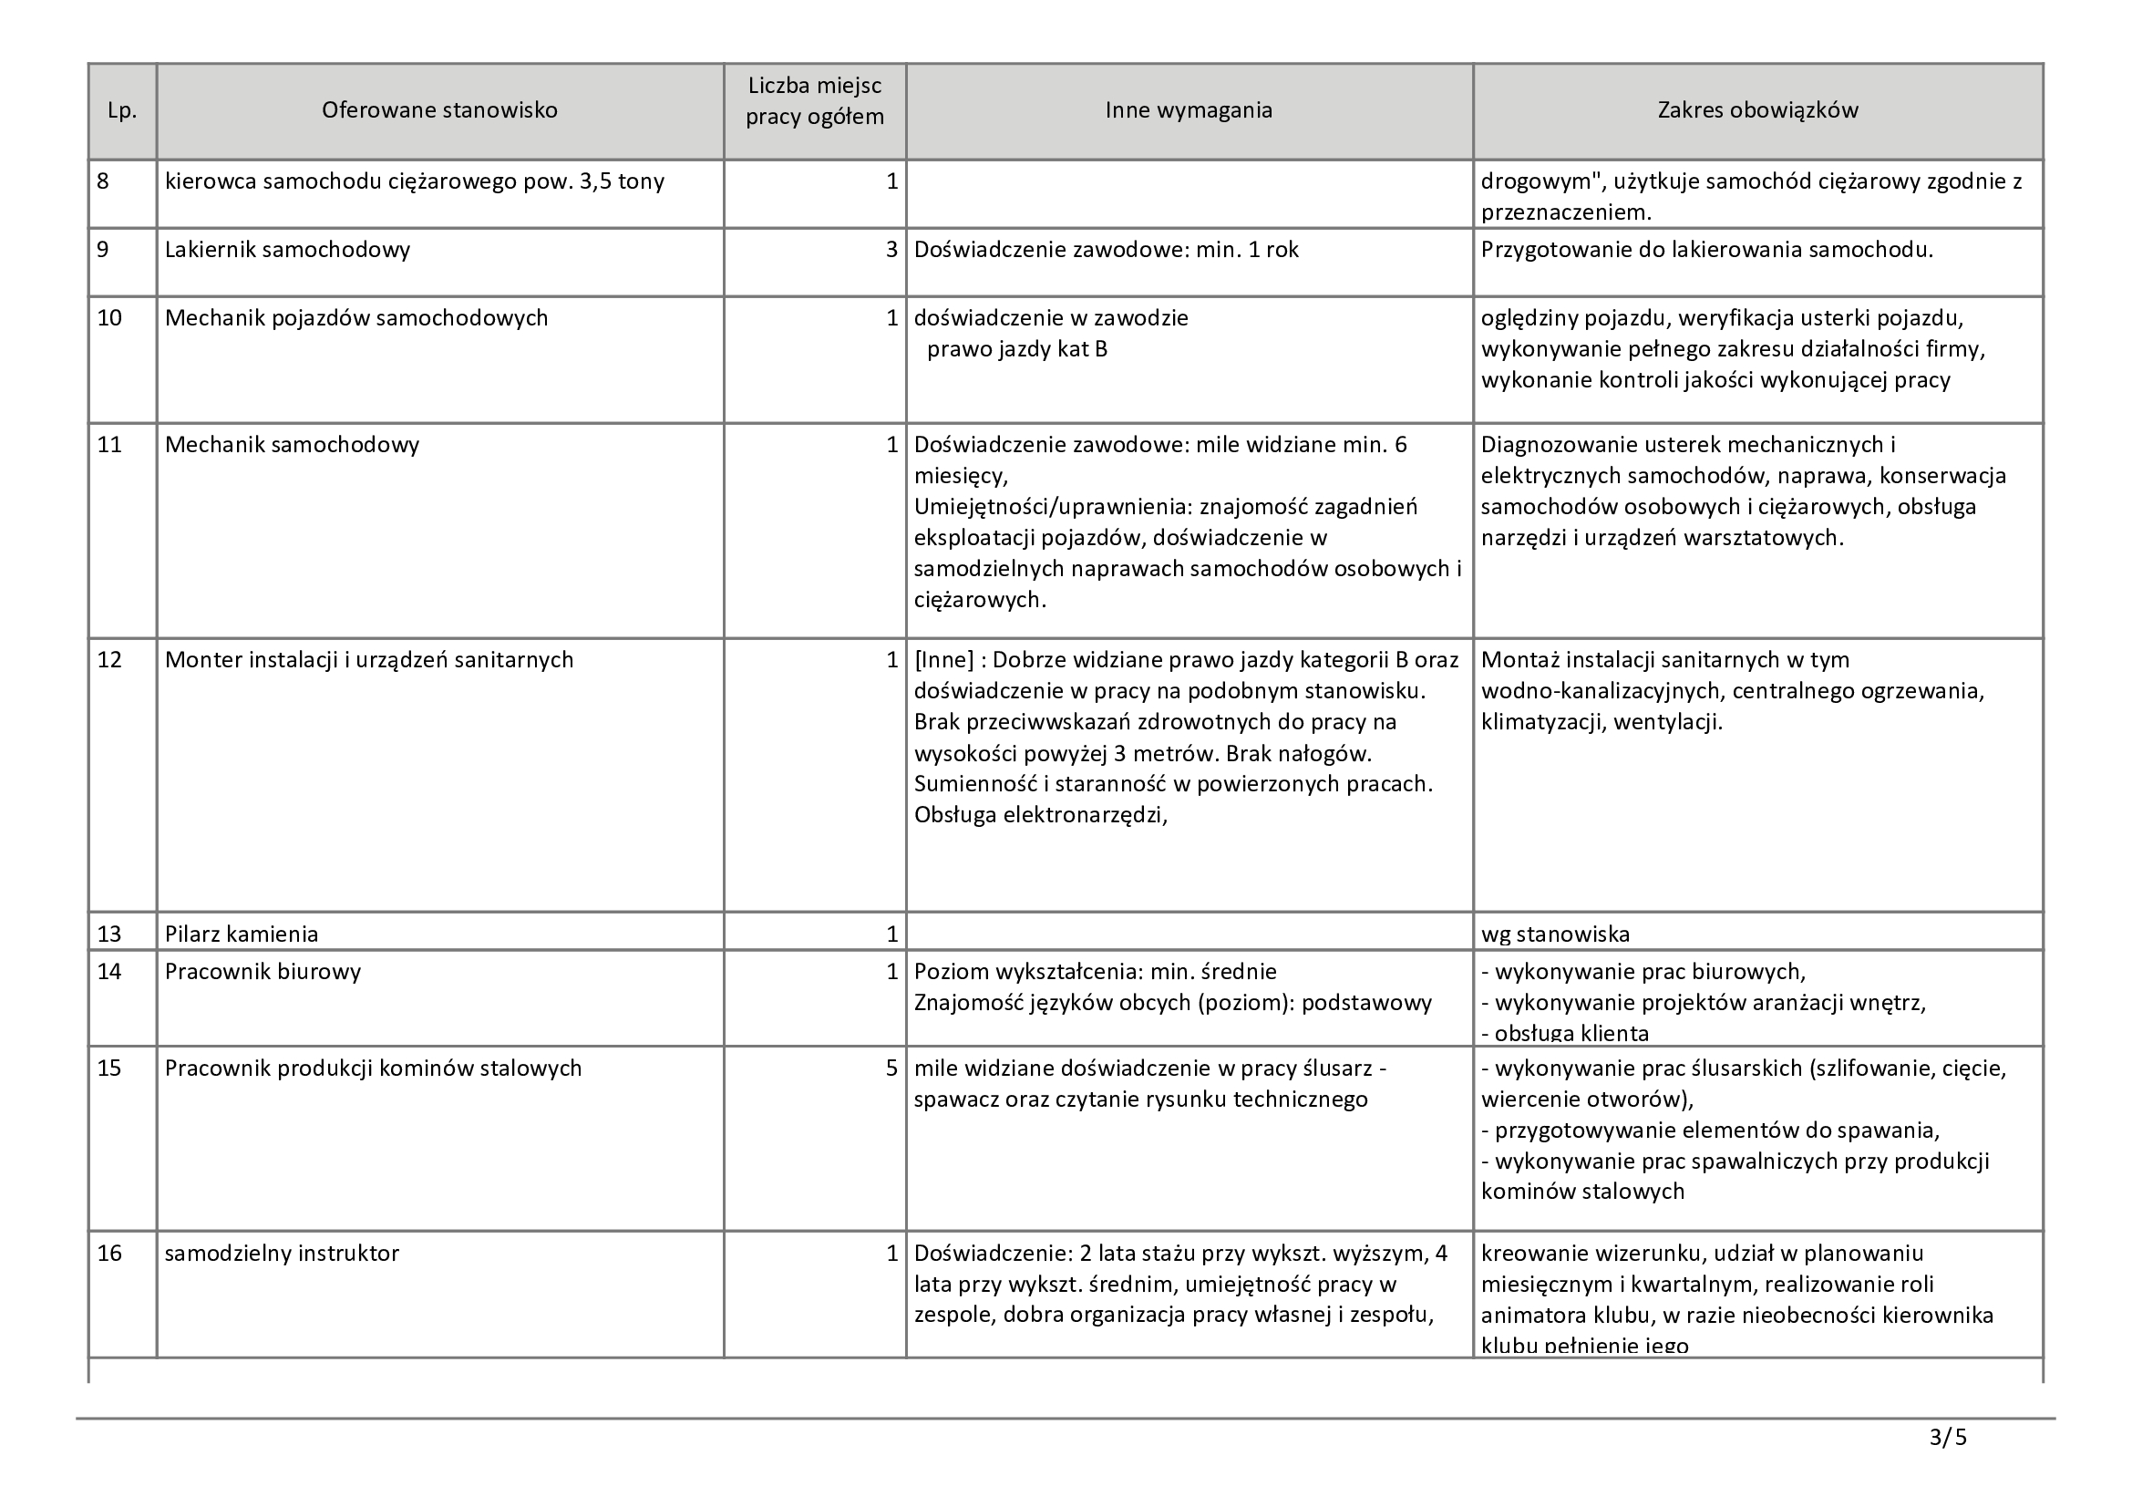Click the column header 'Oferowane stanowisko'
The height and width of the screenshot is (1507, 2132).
[x=439, y=110]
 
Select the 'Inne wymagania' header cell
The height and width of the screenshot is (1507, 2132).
[x=1188, y=110]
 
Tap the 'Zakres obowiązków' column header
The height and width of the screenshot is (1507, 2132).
[x=1756, y=110]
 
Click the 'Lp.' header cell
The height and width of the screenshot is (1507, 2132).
[x=122, y=111]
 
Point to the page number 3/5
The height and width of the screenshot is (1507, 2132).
[x=1947, y=1439]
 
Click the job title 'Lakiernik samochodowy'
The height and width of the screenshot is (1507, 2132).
[x=287, y=250]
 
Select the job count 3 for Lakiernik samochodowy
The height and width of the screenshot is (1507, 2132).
[x=891, y=250]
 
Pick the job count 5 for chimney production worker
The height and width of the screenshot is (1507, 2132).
[x=891, y=1068]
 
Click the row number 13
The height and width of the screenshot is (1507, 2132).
[x=109, y=934]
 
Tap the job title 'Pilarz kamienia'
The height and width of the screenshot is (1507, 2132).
[x=242, y=934]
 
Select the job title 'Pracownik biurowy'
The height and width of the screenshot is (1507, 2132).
[x=263, y=972]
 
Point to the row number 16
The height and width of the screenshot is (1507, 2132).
[x=109, y=1254]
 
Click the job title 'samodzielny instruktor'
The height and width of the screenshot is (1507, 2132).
[x=282, y=1254]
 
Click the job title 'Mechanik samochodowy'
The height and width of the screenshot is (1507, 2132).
[x=292, y=445]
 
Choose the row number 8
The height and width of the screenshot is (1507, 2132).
[x=103, y=181]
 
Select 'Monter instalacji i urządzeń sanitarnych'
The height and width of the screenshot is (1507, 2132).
[x=368, y=660]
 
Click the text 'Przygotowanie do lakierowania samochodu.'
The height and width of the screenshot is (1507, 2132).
[x=1706, y=250]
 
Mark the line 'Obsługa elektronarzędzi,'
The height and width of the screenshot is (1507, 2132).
[x=1040, y=815]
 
